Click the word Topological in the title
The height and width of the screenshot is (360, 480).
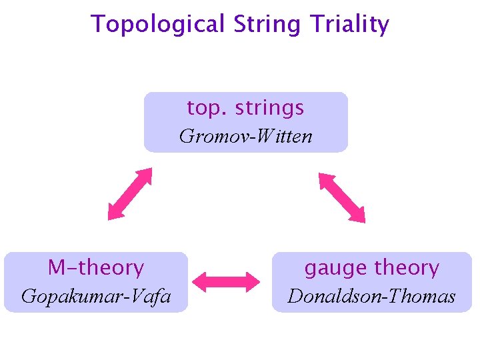(x=159, y=25)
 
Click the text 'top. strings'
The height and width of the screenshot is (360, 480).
(x=245, y=107)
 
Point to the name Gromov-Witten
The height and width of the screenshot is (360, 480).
(x=245, y=137)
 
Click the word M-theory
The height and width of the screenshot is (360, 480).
(x=96, y=268)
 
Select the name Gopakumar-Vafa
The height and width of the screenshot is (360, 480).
(x=96, y=296)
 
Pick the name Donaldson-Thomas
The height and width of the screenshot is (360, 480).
(x=371, y=296)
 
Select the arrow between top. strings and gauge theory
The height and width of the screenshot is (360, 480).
(x=342, y=197)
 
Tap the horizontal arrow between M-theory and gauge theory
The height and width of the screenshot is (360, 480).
(x=230, y=281)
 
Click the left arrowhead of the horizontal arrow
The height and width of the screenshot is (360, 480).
(x=201, y=281)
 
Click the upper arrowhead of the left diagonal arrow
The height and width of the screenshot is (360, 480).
(x=145, y=175)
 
